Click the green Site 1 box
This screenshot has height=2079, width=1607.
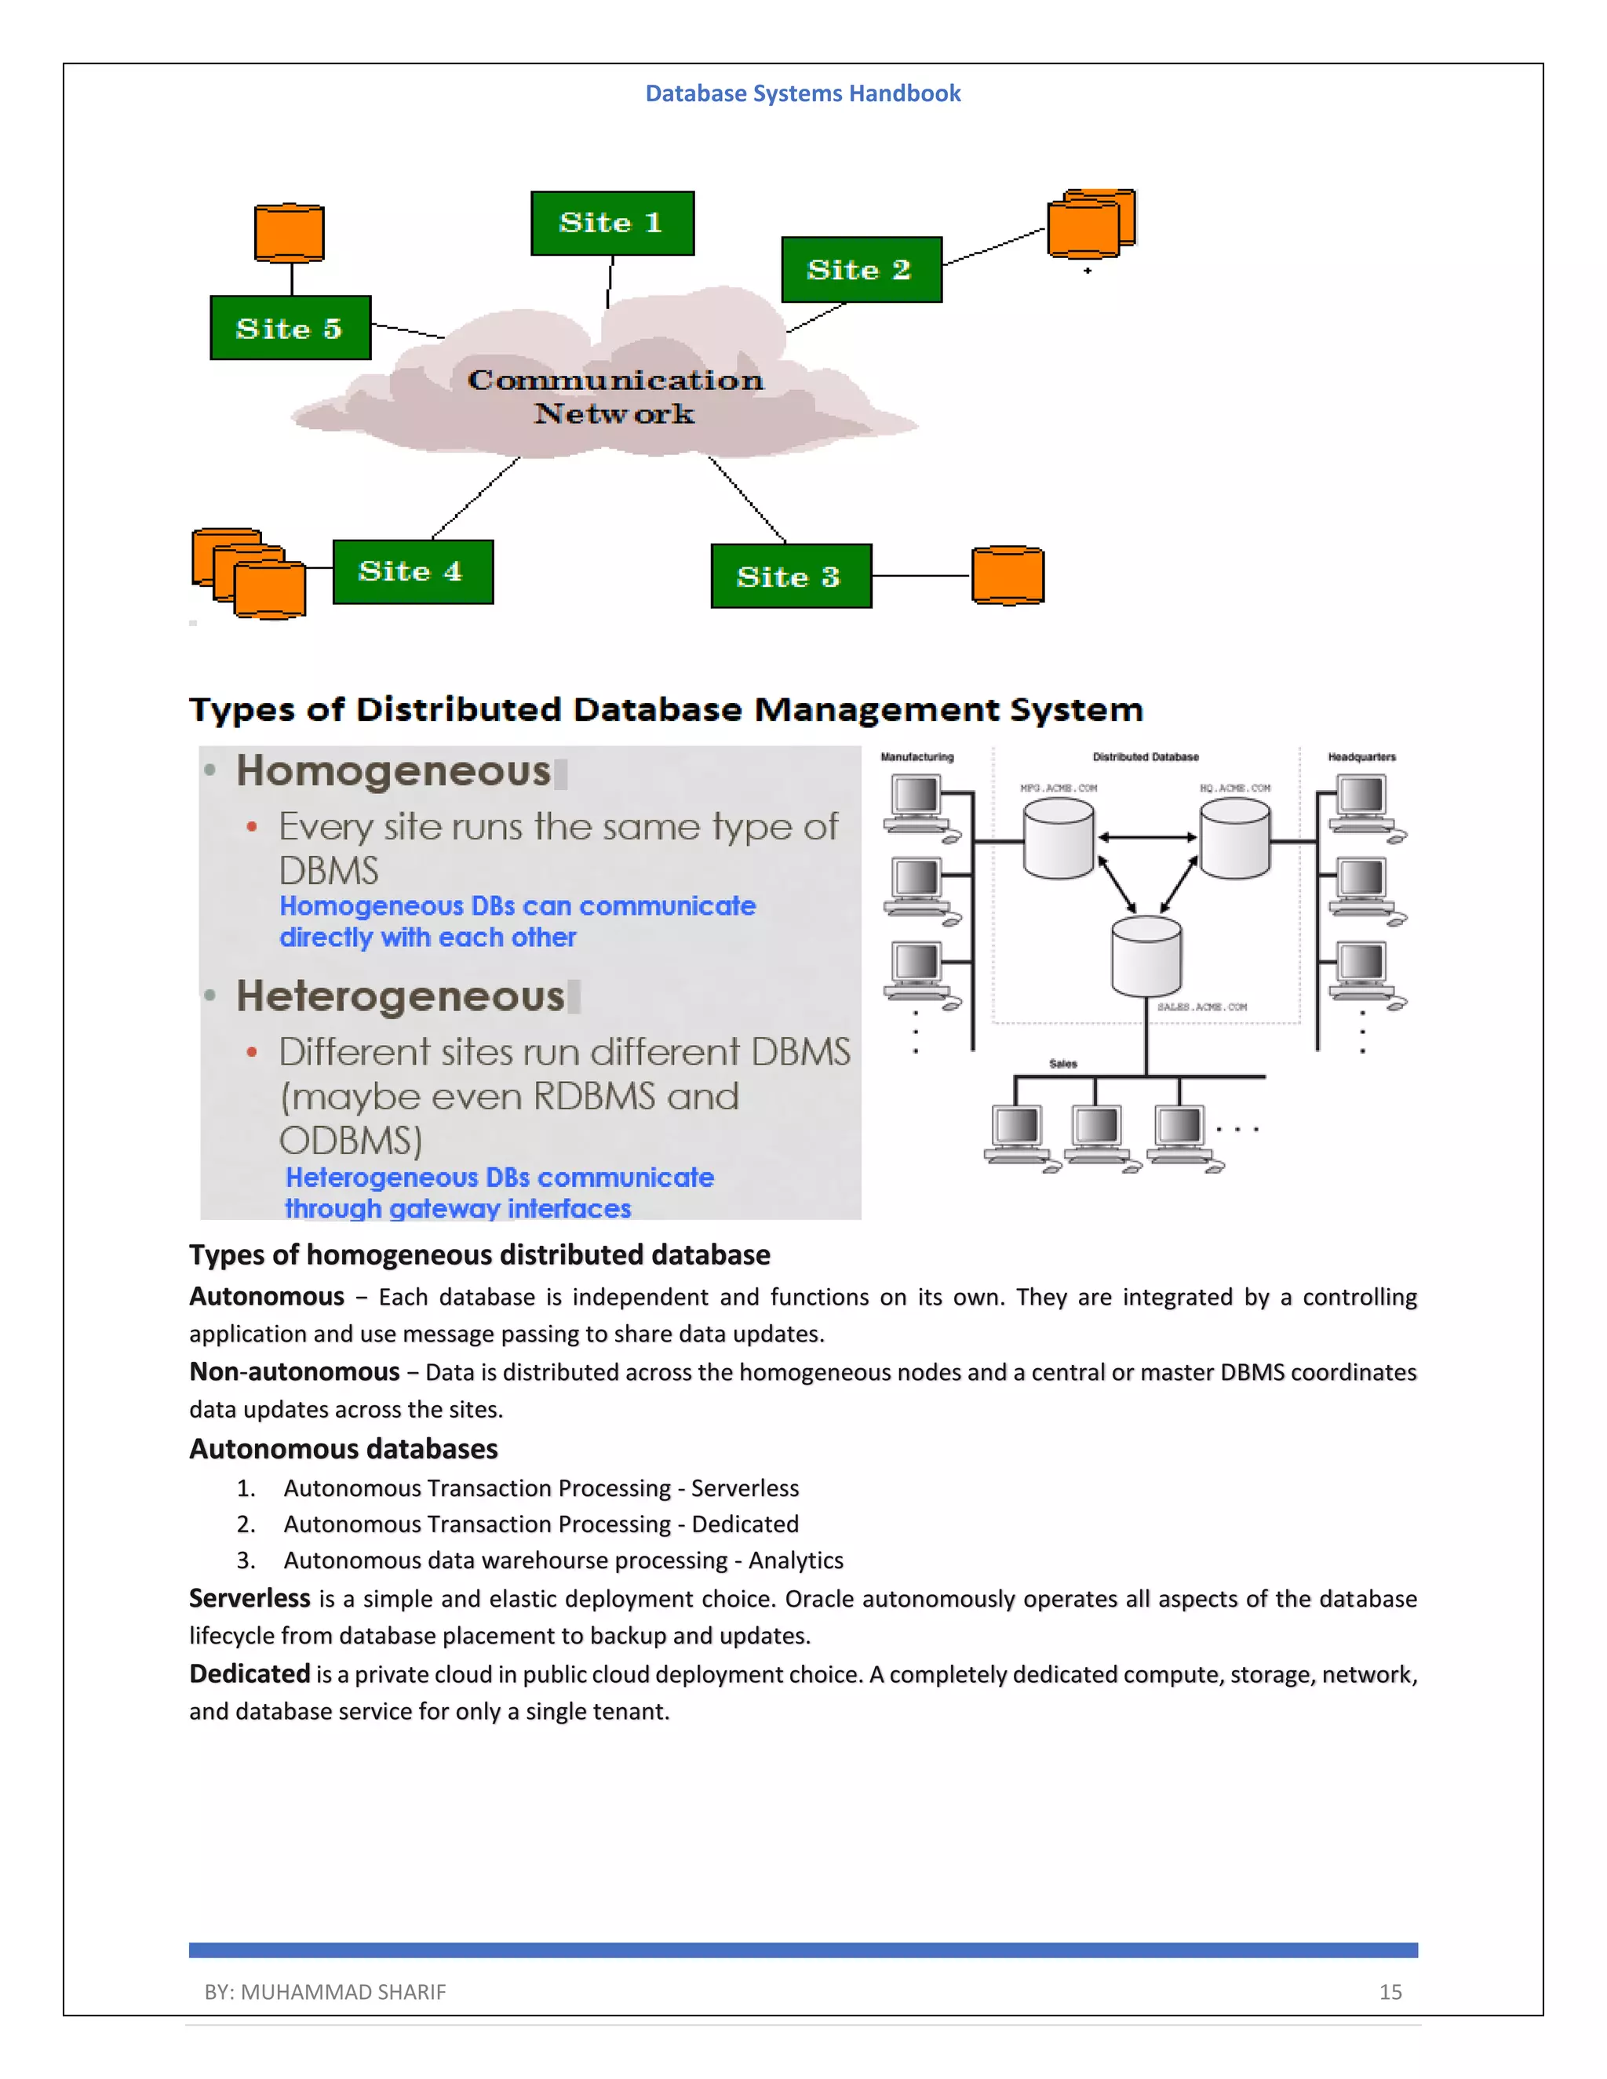point(612,223)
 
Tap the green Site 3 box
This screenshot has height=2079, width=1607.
point(790,576)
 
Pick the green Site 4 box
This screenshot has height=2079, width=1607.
point(412,571)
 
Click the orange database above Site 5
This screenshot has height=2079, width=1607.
point(290,232)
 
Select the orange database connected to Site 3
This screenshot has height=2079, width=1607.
point(1008,575)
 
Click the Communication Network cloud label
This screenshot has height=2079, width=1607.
point(614,396)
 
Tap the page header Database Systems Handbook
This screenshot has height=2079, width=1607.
point(803,93)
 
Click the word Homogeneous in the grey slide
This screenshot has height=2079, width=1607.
point(393,771)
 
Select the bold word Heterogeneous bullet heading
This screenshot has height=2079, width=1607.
point(400,996)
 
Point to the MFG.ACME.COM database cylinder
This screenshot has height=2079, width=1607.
point(1058,839)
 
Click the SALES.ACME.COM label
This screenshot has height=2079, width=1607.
point(1201,1007)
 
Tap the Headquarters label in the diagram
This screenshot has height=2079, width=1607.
point(1361,757)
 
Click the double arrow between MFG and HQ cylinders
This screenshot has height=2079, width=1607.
point(1147,838)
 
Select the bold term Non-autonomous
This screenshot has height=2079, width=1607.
point(294,1371)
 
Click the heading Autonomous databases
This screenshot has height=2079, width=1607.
point(343,1449)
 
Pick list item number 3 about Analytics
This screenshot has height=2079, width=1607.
point(562,1560)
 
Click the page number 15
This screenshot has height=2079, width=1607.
point(1390,1991)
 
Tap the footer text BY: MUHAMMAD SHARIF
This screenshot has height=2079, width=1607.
point(325,1991)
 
